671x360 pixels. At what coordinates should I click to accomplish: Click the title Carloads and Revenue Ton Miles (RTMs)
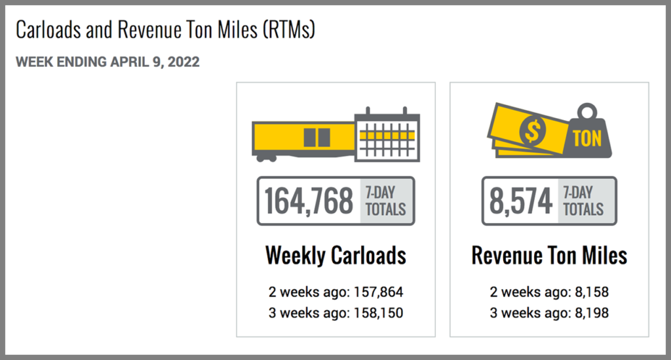(x=165, y=30)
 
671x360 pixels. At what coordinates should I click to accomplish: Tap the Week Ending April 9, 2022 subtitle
(x=107, y=62)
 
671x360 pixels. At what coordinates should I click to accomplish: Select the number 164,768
(x=309, y=201)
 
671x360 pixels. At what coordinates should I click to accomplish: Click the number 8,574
(x=521, y=201)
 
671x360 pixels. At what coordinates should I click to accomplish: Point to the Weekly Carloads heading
(x=335, y=255)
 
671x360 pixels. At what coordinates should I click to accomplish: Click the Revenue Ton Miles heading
(x=549, y=255)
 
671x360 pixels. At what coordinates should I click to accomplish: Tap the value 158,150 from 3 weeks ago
(x=375, y=313)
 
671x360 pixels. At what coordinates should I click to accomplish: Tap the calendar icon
(x=387, y=134)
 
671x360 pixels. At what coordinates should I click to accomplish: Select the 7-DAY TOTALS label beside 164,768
(x=386, y=201)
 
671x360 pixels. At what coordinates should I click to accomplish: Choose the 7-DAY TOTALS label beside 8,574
(x=583, y=201)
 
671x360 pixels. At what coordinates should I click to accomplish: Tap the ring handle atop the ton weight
(x=586, y=110)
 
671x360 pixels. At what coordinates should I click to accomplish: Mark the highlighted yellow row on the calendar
(x=387, y=135)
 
